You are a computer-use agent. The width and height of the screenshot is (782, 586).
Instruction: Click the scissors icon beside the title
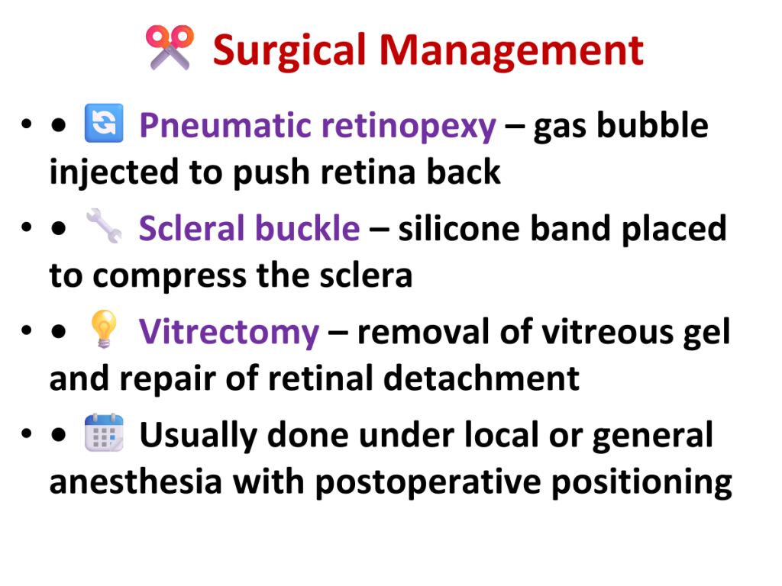click(170, 47)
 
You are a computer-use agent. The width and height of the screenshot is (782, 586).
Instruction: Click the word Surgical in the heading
click(289, 51)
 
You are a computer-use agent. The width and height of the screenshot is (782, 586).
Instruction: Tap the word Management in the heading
click(511, 51)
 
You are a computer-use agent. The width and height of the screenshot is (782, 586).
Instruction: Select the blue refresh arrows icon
click(104, 123)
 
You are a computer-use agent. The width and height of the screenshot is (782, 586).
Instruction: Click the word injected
click(114, 172)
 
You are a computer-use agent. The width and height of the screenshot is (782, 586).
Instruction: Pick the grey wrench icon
click(104, 226)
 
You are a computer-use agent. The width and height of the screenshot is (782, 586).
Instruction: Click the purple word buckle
click(307, 227)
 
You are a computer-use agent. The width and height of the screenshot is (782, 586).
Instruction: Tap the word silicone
click(458, 229)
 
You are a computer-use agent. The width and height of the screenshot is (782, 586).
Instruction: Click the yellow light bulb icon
click(104, 329)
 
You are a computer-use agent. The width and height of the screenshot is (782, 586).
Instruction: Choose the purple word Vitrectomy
click(229, 333)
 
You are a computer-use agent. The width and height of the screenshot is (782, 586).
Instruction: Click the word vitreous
click(606, 332)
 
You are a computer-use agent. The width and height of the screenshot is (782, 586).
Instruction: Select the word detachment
click(481, 378)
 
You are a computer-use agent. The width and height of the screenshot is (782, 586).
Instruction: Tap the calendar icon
click(104, 432)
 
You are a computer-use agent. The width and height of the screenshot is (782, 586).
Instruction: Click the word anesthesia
click(136, 482)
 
